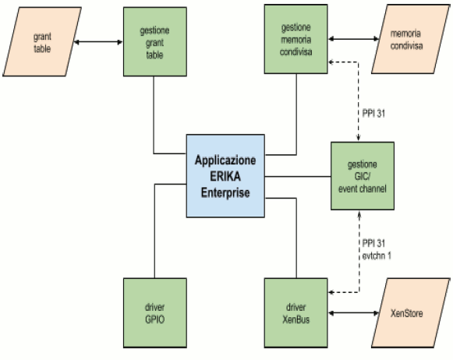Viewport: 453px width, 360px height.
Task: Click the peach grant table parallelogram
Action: pyautogui.click(x=42, y=42)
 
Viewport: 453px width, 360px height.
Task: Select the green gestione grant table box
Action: pyautogui.click(x=155, y=42)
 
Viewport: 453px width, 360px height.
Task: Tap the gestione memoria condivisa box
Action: pyautogui.click(x=296, y=39)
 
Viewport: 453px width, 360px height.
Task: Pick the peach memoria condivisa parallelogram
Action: pyautogui.click(x=410, y=39)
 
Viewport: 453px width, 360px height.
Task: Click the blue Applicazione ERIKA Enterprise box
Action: pyautogui.click(x=225, y=176)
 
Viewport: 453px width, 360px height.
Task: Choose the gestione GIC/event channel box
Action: pyautogui.click(x=363, y=176)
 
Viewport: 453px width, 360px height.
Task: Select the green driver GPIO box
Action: pyautogui.click(x=155, y=313)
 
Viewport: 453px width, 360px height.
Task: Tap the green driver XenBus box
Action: pyautogui.click(x=296, y=313)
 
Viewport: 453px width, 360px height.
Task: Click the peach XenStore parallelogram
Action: pyautogui.click(x=410, y=313)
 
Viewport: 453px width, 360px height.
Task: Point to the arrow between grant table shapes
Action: pyautogui.click(x=98, y=42)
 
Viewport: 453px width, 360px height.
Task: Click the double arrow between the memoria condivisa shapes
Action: pyautogui.click(x=354, y=39)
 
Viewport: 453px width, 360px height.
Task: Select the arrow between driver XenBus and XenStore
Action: pyautogui.click(x=354, y=313)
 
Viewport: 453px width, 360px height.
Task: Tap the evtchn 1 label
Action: pyautogui.click(x=377, y=256)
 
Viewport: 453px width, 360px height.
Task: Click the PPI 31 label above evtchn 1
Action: pyautogui.click(x=373, y=243)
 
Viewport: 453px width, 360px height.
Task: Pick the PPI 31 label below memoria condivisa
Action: pyautogui.click(x=373, y=114)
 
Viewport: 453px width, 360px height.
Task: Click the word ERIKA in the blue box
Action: pyautogui.click(x=225, y=176)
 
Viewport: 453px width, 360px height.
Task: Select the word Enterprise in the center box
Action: pyautogui.click(x=225, y=192)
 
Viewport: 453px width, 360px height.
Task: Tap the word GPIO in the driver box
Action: pyautogui.click(x=155, y=319)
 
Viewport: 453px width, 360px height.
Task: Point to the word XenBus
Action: pyautogui.click(x=296, y=319)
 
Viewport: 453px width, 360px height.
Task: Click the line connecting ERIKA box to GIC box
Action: pyautogui.click(x=298, y=176)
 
